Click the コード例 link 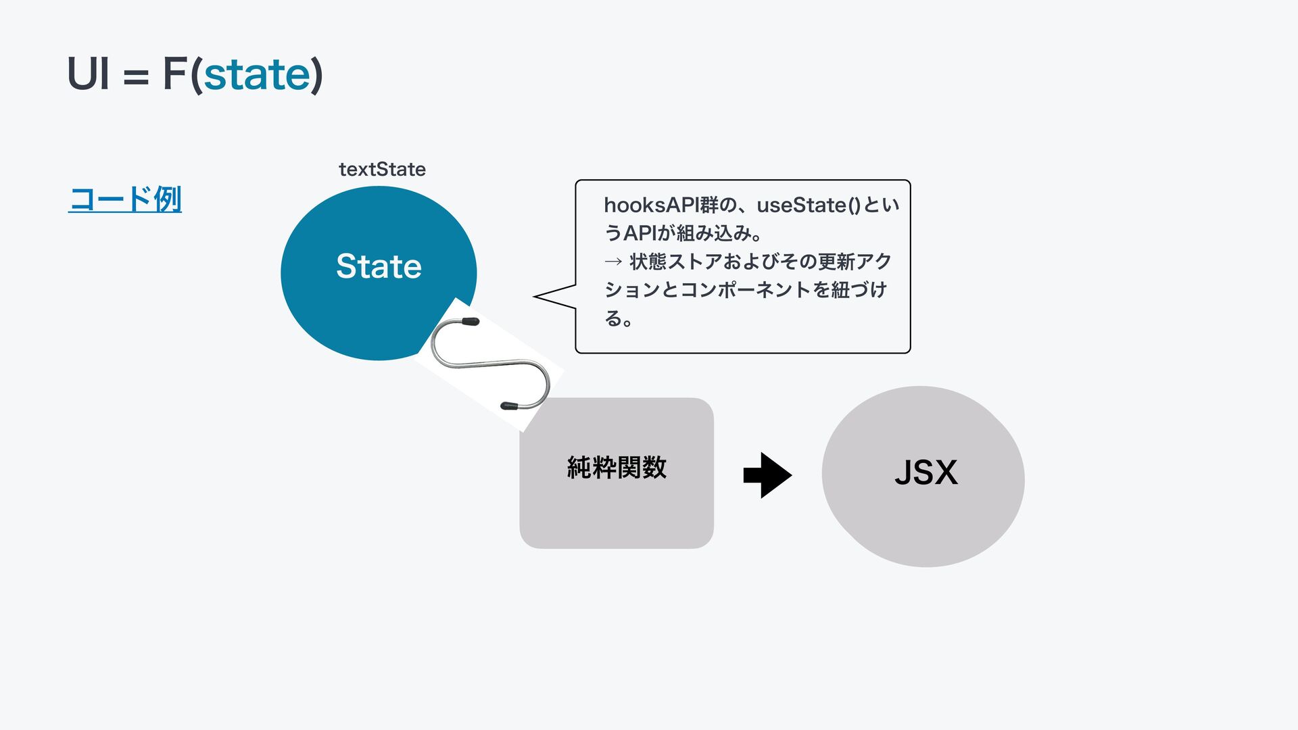(125, 199)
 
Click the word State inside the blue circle (379, 266)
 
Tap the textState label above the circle (382, 169)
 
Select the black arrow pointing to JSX (767, 475)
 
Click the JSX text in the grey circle (926, 472)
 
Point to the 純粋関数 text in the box (617, 467)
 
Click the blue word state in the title (257, 74)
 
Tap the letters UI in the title (89, 74)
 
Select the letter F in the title (174, 74)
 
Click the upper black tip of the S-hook (471, 322)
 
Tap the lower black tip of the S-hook (508, 406)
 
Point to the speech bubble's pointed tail (535, 296)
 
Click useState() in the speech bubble (809, 205)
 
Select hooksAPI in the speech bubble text (652, 205)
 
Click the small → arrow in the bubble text (613, 261)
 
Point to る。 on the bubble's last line (619, 318)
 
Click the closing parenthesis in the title (316, 75)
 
